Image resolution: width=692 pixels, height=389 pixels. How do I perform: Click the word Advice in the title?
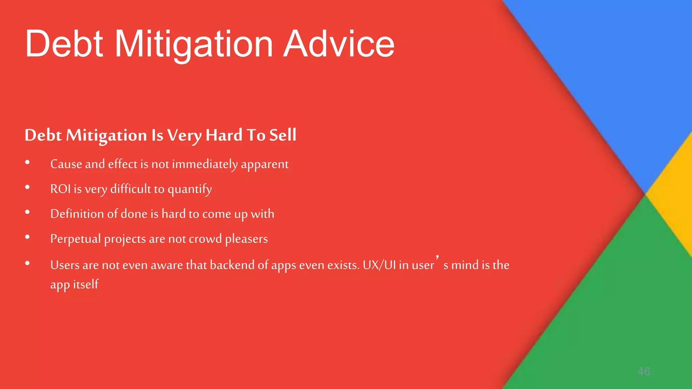(339, 44)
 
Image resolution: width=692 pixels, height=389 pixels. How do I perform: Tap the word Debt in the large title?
(64, 44)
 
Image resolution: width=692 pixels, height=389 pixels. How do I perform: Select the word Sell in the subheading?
(283, 135)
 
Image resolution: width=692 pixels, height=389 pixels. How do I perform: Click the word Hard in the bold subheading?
(224, 135)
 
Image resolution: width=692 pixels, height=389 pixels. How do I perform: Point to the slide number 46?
(643, 371)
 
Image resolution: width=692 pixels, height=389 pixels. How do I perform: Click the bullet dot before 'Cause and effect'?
(27, 163)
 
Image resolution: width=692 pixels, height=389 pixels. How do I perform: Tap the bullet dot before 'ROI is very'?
(27, 187)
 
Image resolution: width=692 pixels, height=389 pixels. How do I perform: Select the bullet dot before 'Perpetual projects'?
(27, 237)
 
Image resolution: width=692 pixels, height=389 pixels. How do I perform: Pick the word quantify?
(190, 190)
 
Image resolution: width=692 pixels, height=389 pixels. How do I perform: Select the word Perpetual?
(75, 239)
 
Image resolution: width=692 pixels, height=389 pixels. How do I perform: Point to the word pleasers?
(246, 239)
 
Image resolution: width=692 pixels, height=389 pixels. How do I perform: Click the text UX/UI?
(379, 265)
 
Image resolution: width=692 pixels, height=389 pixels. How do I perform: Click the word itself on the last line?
(86, 284)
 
